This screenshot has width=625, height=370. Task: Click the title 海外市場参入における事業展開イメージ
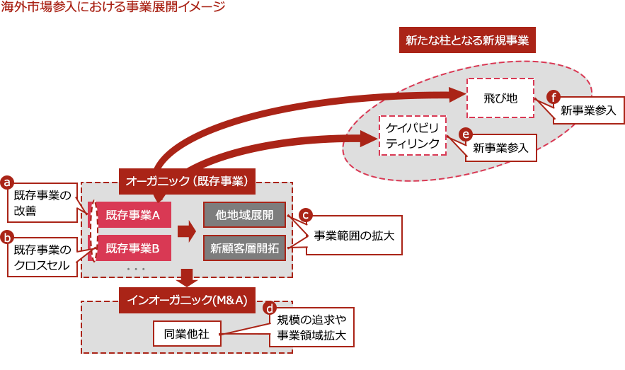113,7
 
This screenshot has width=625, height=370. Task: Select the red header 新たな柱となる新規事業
467,40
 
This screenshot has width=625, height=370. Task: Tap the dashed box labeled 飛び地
500,97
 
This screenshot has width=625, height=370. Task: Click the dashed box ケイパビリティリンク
413,135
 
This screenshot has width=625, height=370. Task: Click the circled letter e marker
466,133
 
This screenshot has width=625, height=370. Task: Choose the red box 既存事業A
134,214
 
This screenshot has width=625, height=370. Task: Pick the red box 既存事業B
134,248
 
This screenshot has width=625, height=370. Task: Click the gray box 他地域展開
244,214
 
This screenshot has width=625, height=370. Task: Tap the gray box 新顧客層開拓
244,248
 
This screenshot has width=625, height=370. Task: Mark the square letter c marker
306,213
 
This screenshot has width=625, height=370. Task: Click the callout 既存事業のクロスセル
43,258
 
